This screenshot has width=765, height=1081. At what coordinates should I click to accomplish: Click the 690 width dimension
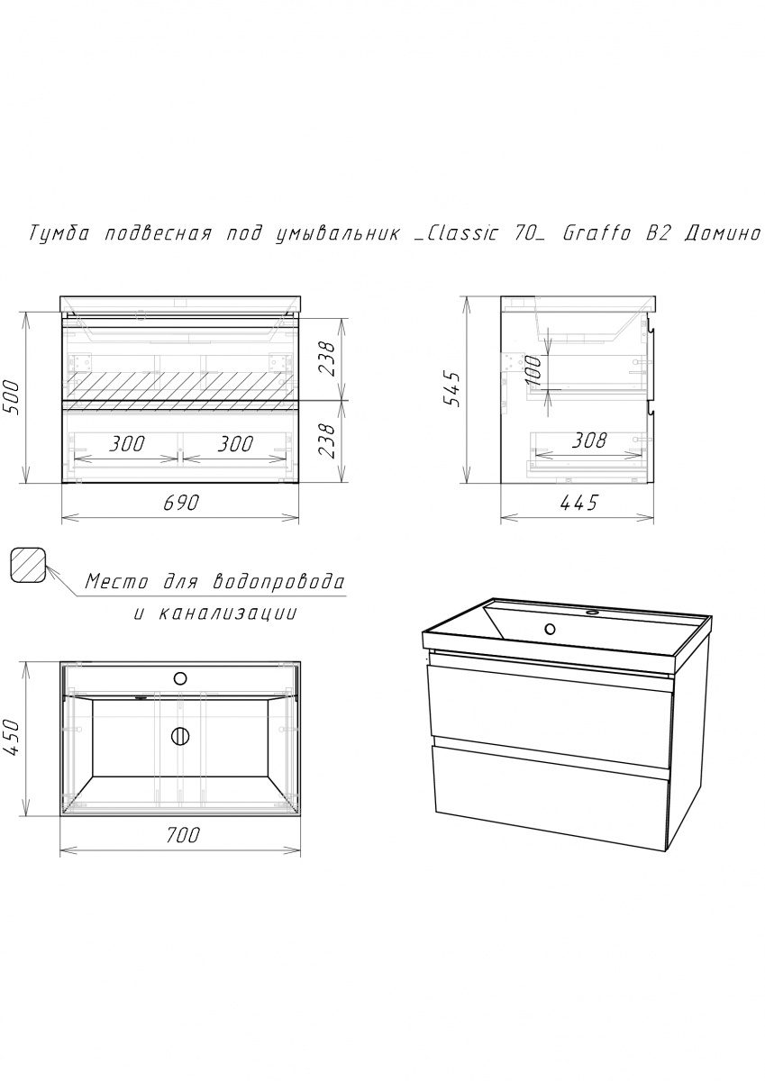click(181, 504)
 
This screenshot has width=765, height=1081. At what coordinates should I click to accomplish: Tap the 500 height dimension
click(12, 397)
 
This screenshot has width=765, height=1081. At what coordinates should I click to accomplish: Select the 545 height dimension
click(454, 389)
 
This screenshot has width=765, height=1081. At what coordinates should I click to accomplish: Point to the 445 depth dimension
click(578, 504)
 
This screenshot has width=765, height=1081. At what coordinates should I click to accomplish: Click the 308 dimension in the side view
click(588, 441)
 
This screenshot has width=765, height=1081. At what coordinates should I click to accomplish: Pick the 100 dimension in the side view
click(533, 370)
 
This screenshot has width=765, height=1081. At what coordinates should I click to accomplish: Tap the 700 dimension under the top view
click(181, 835)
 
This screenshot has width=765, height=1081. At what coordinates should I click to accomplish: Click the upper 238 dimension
click(326, 359)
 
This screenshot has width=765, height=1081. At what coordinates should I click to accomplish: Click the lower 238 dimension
click(326, 441)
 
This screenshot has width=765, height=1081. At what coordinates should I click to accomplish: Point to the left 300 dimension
click(126, 444)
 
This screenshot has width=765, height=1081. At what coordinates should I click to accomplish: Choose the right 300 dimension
click(235, 444)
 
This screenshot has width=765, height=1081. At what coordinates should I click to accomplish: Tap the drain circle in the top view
click(180, 736)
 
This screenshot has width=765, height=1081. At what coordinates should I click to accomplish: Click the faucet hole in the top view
click(180, 678)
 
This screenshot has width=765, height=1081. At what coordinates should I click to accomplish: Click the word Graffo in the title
click(597, 233)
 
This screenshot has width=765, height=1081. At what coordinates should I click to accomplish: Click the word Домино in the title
click(723, 234)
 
